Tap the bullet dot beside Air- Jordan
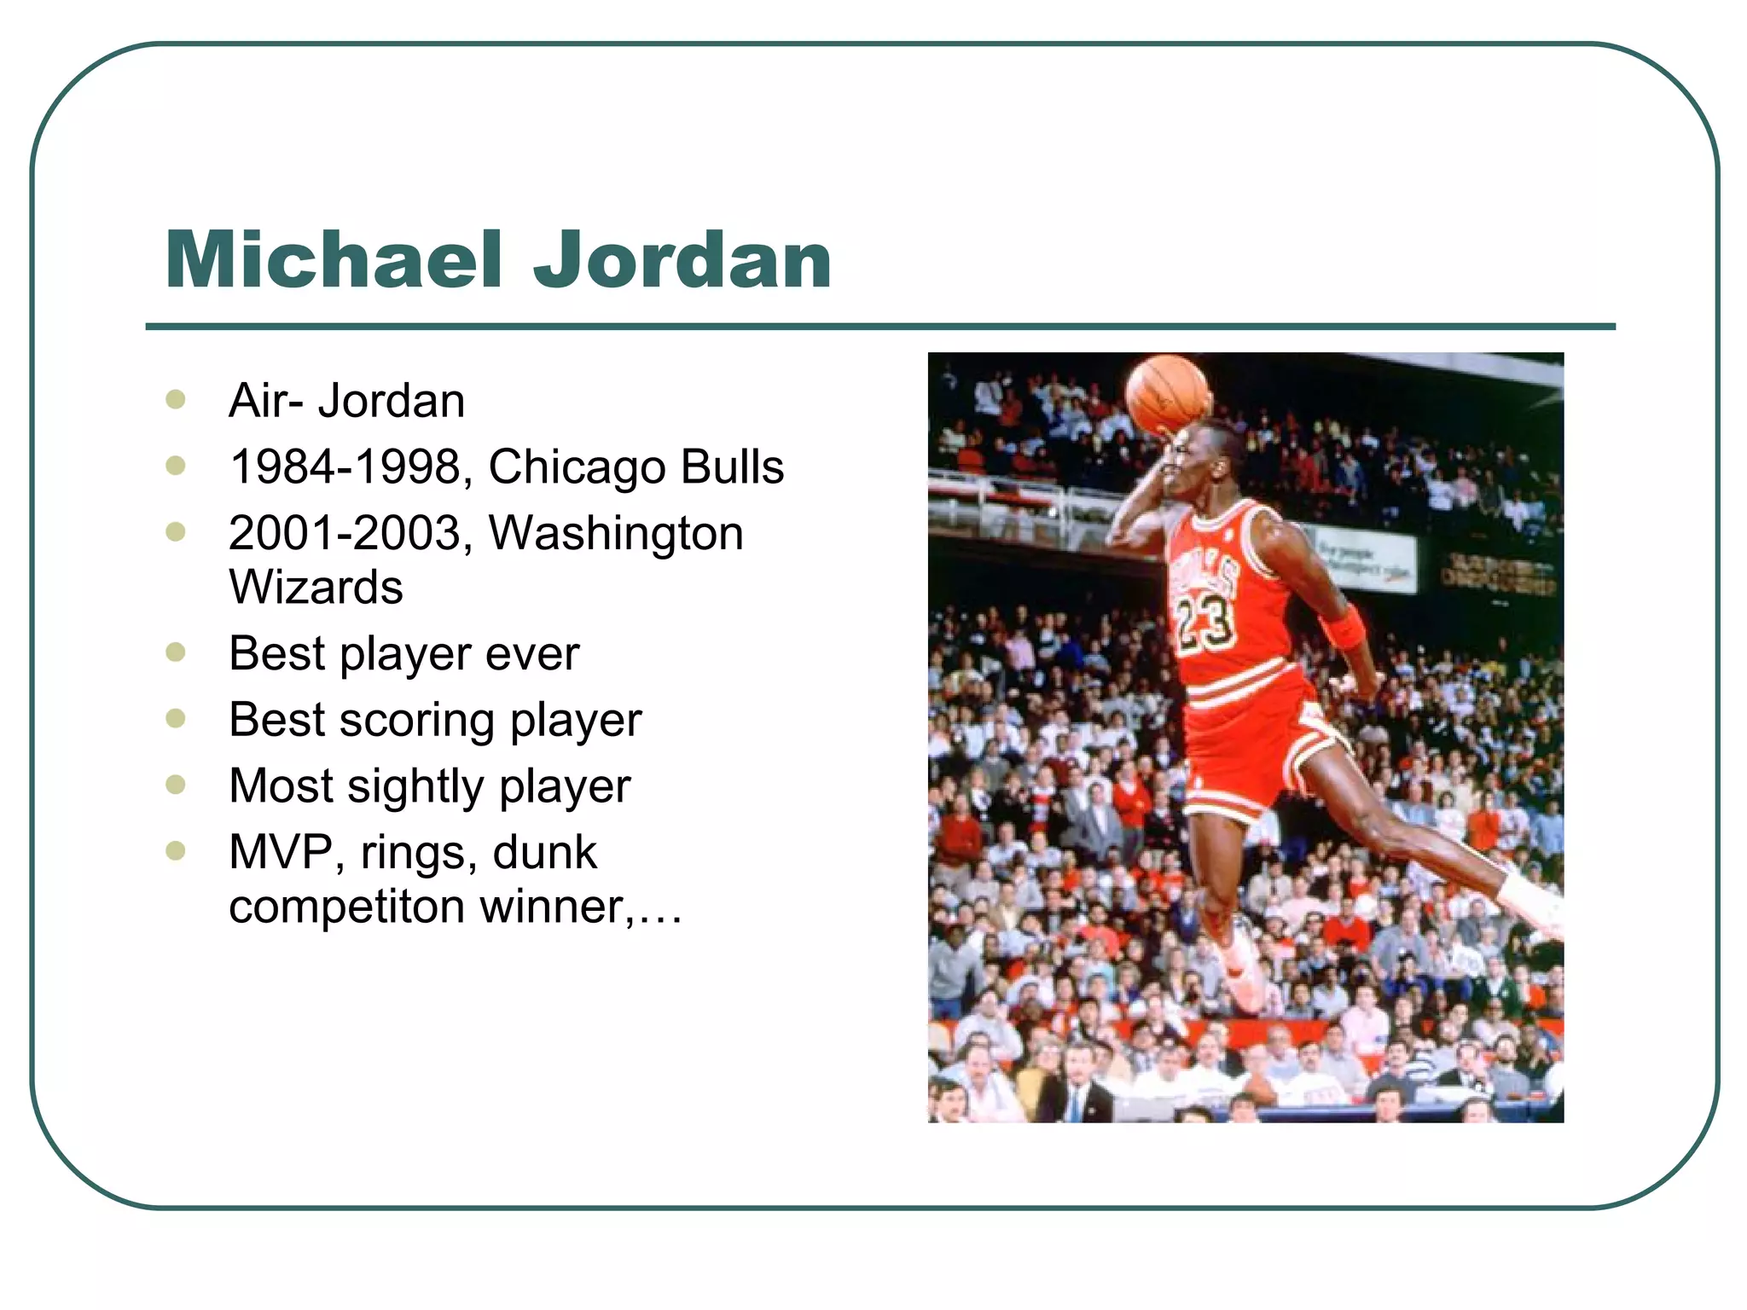pyautogui.click(x=176, y=400)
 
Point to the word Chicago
pyautogui.click(x=577, y=468)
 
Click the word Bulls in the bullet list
pyautogui.click(x=733, y=467)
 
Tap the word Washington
pyautogui.click(x=616, y=534)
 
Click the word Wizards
pyautogui.click(x=316, y=588)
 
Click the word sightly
pyautogui.click(x=416, y=786)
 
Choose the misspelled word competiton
pyautogui.click(x=346, y=906)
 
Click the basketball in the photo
pyautogui.click(x=1168, y=394)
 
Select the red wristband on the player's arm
pyautogui.click(x=1342, y=628)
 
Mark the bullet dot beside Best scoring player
pyautogui.click(x=176, y=719)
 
